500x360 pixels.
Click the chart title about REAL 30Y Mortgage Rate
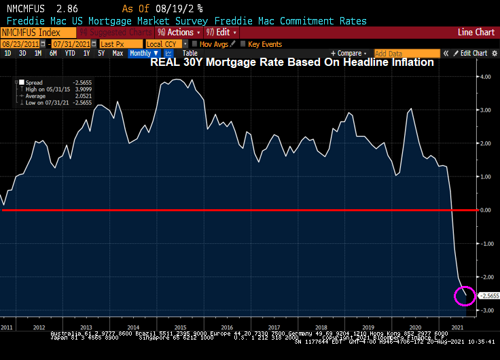click(x=291, y=62)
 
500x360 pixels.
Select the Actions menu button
click(x=179, y=33)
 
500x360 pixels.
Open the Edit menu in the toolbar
click(x=220, y=33)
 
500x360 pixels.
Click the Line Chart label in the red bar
click(x=476, y=33)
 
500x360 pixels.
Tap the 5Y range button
click(x=101, y=53)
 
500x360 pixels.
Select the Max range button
click(x=118, y=53)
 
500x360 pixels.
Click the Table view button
click(x=190, y=53)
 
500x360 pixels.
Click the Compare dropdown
click(x=350, y=53)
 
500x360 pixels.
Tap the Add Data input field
click(x=397, y=53)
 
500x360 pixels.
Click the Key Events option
click(x=264, y=43)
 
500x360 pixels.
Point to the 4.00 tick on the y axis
click(x=485, y=77)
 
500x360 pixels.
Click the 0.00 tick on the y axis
click(x=485, y=211)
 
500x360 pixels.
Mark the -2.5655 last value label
click(x=489, y=295)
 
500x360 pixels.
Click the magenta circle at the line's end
click(x=465, y=296)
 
